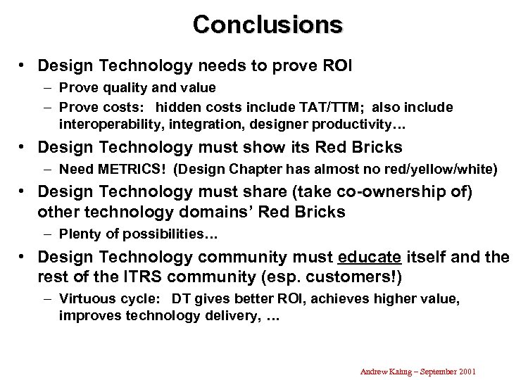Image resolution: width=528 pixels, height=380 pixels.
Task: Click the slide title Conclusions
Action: (x=268, y=25)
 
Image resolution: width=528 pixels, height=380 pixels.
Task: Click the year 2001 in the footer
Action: (x=467, y=372)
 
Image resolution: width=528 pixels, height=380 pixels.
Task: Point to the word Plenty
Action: (x=80, y=234)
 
